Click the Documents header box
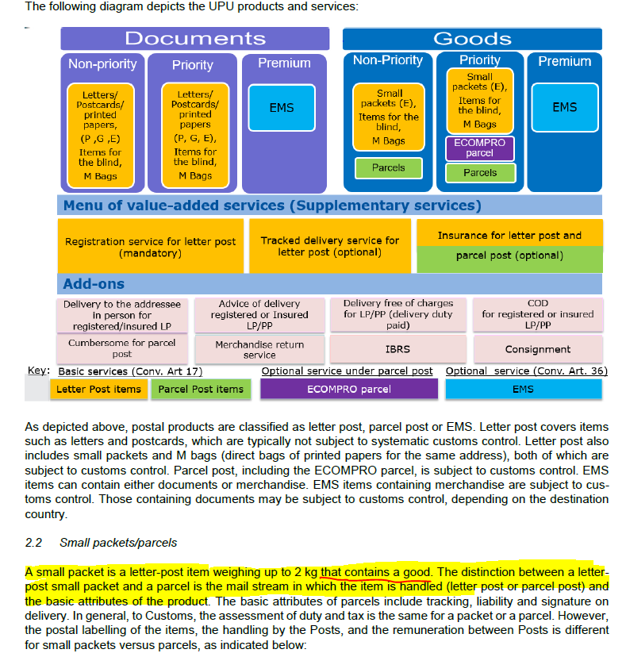pyautogui.click(x=194, y=39)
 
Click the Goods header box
pyautogui.click(x=472, y=39)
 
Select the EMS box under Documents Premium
pyautogui.click(x=282, y=108)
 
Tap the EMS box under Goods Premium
pyautogui.click(x=564, y=107)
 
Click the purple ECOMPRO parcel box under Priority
pyautogui.click(x=480, y=148)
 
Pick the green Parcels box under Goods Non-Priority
pyautogui.click(x=388, y=168)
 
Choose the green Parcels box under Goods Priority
pyautogui.click(x=480, y=173)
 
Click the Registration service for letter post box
pyautogui.click(x=151, y=247)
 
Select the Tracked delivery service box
pyautogui.click(x=330, y=246)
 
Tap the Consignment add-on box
pyautogui.click(x=537, y=349)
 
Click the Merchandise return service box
pyautogui.click(x=259, y=350)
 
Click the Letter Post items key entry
pyautogui.click(x=98, y=389)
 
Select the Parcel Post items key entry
pyautogui.click(x=201, y=389)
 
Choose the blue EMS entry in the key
pyautogui.click(x=523, y=389)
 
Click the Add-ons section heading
pyautogui.click(x=94, y=283)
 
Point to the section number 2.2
pyautogui.click(x=34, y=543)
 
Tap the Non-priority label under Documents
pyautogui.click(x=102, y=64)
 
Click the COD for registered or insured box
pyautogui.click(x=537, y=314)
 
